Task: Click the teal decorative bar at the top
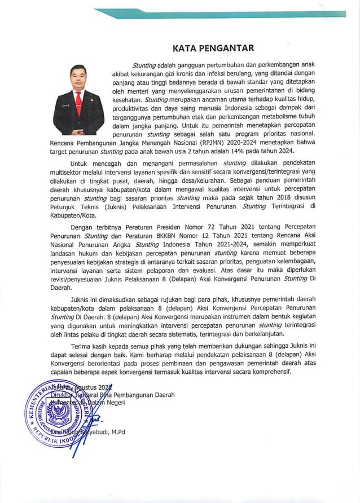(x=220, y=13)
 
